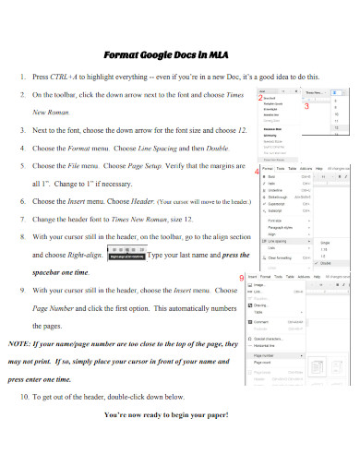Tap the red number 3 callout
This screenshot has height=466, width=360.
(306, 108)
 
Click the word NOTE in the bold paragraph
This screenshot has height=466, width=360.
(20, 342)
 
